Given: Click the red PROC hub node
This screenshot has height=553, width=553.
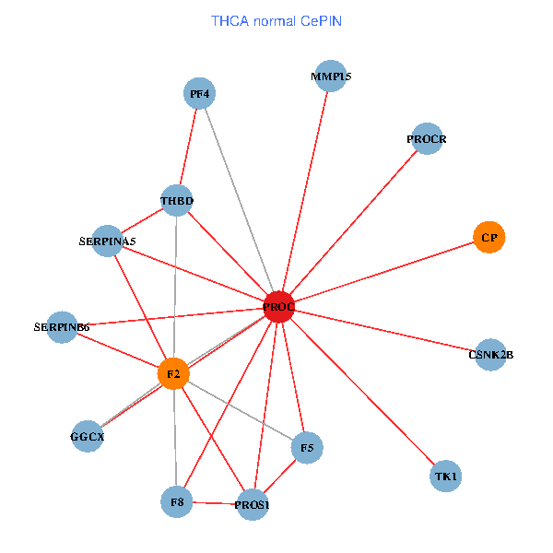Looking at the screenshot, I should click(278, 306).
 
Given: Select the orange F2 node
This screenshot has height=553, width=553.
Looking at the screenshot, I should click(173, 374).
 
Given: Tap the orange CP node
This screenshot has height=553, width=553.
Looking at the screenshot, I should click(489, 238).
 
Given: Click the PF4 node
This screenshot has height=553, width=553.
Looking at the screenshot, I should click(199, 93).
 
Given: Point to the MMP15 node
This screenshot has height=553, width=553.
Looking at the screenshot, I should click(331, 76).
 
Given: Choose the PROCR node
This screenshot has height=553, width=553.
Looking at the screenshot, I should click(427, 139).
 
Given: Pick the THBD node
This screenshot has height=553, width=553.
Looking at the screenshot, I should click(176, 200).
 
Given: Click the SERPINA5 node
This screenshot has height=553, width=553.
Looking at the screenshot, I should click(108, 241).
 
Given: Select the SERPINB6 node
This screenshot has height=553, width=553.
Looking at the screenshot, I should click(62, 326).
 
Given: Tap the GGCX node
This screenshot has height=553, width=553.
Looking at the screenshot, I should click(88, 436).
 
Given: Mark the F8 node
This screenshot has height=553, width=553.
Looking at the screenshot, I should click(176, 501).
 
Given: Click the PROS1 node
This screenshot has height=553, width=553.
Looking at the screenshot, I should click(252, 505).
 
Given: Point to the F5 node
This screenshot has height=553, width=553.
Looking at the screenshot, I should click(307, 449).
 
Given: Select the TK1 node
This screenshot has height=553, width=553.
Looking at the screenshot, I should click(445, 477).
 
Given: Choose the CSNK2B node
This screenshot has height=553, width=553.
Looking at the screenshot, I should click(490, 354).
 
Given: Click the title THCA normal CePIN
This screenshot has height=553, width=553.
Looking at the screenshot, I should click(276, 20).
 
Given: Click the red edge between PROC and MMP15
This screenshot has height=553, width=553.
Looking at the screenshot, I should click(305, 190).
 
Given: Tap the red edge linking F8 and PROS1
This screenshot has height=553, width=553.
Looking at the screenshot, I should click(214, 503).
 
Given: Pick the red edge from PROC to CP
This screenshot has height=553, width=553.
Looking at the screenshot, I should click(383, 272).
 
